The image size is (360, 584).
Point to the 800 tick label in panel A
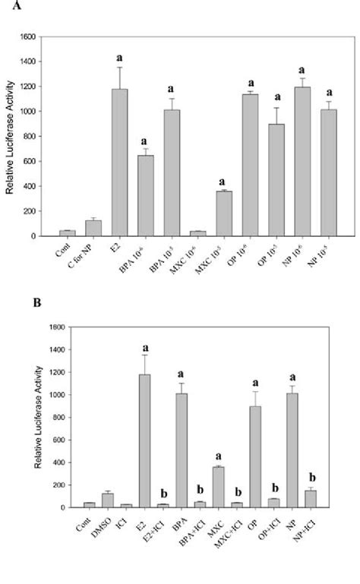point(30,137)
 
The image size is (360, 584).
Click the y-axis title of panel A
point(10,137)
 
